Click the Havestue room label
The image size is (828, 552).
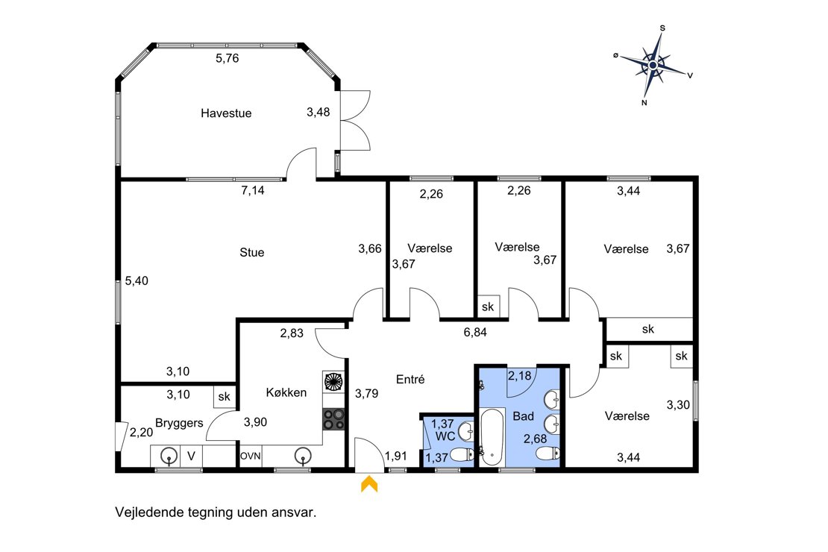point(226,113)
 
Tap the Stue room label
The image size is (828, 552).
point(252,252)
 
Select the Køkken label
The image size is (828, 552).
point(286,392)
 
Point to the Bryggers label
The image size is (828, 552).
point(180,423)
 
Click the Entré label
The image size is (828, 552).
point(410,379)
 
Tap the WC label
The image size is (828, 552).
point(445,436)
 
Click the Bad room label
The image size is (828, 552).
point(524,416)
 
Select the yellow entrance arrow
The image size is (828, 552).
point(369,484)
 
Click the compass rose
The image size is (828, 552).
point(653,65)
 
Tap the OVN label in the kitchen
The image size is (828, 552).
point(251,456)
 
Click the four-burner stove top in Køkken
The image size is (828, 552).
point(333,419)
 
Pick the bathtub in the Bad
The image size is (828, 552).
point(492,437)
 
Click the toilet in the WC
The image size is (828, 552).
point(462,454)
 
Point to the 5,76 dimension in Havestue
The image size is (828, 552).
point(227,59)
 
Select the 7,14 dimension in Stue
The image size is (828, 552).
point(253,191)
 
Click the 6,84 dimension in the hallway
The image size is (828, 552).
point(475,332)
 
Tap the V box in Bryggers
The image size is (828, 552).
point(191,457)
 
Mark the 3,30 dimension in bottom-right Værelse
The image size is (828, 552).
point(678,405)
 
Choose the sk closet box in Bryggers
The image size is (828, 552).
point(225,397)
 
